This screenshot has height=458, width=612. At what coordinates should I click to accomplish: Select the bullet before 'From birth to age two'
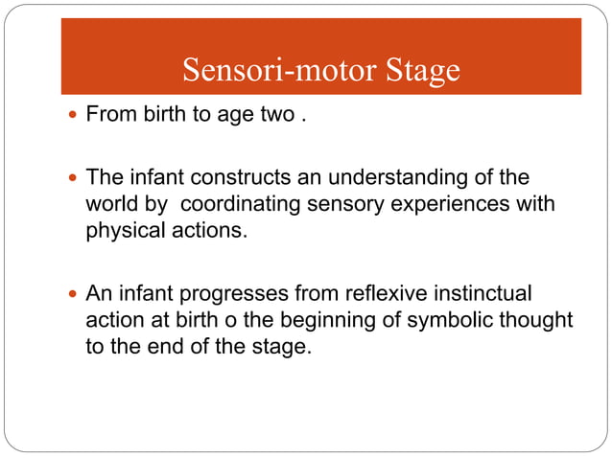(75, 117)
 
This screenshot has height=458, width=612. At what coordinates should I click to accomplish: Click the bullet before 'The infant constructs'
(75, 177)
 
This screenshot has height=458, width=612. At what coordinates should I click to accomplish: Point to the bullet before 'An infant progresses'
(75, 292)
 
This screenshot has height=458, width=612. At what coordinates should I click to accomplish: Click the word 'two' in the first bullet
(275, 117)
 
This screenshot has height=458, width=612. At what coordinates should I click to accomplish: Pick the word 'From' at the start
(109, 117)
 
